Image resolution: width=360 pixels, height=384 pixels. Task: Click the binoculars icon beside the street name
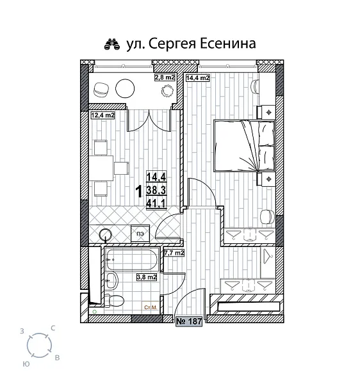point(113,44)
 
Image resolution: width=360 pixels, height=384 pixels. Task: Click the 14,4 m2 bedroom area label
point(197,78)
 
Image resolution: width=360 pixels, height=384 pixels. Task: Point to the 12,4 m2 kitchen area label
point(102,116)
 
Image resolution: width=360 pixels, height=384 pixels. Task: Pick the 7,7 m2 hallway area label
point(174,253)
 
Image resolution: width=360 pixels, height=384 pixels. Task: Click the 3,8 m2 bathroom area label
point(147,277)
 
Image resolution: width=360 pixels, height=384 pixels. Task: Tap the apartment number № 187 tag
point(189,322)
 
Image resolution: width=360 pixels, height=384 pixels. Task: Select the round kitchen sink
point(106,235)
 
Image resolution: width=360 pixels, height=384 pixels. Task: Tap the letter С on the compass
point(52,328)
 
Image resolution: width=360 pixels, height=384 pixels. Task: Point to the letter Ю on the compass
point(24,362)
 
